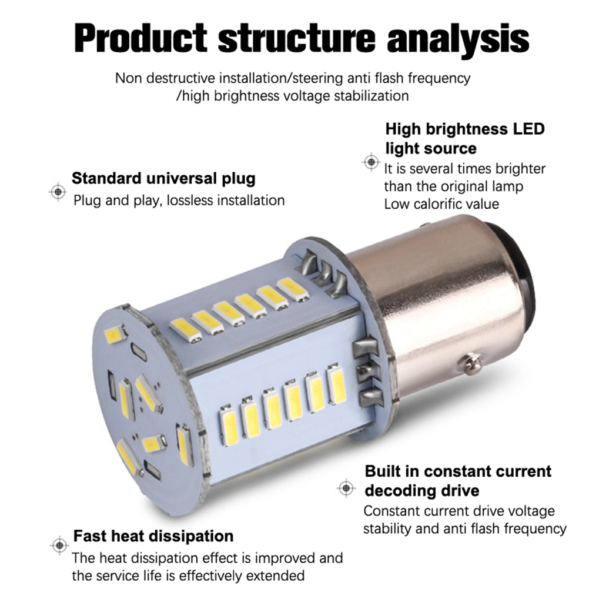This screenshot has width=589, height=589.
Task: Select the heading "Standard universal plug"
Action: (x=163, y=178)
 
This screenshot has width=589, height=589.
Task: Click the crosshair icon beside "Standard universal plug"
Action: (x=58, y=190)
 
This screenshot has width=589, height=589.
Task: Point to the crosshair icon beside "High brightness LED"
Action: (x=370, y=161)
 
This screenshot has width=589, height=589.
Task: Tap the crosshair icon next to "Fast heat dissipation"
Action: (x=58, y=545)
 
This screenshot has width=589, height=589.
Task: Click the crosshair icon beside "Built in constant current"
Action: (x=345, y=488)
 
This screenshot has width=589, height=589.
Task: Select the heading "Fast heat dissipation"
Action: (x=153, y=536)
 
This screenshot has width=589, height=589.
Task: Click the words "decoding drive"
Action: (x=421, y=490)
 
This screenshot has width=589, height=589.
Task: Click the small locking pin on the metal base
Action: (x=471, y=363)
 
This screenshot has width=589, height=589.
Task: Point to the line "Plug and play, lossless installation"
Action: (x=179, y=200)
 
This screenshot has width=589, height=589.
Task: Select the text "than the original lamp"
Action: (x=453, y=186)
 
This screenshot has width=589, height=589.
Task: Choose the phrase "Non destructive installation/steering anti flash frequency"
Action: (x=293, y=78)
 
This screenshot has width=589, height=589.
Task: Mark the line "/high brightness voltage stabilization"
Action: (x=292, y=95)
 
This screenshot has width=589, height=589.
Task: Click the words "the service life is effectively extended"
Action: (x=188, y=575)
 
